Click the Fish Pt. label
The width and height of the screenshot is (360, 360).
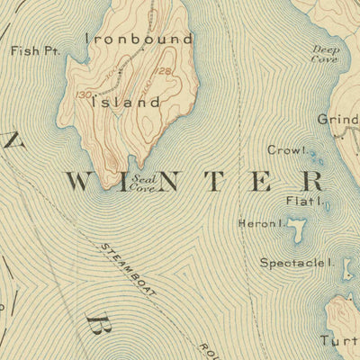[x=34, y=51]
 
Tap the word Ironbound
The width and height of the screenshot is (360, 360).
[x=139, y=39]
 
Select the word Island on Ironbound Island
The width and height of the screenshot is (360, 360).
[x=130, y=103]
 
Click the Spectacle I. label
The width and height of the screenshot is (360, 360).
[x=297, y=263]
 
